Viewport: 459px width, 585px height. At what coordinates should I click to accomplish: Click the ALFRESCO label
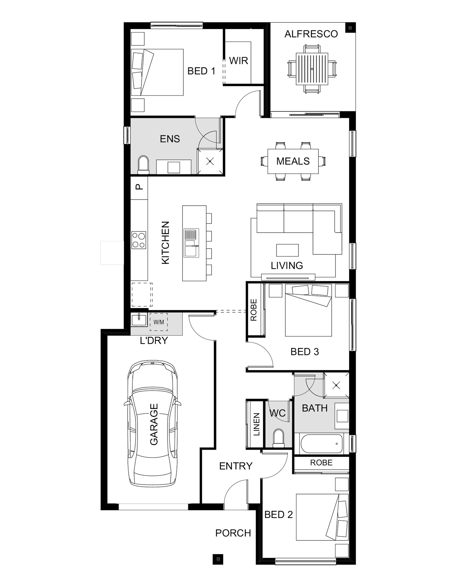pos(311,34)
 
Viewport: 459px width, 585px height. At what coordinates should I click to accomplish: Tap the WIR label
pos(238,61)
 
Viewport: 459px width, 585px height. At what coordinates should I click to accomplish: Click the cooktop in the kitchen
pos(139,240)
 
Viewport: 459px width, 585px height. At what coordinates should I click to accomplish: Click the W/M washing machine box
pos(159,322)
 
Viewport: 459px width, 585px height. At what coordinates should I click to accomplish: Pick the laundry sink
pos(139,320)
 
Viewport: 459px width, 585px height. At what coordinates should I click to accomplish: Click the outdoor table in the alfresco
pos(312,69)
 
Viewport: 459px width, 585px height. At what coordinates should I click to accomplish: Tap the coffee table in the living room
pos(287,250)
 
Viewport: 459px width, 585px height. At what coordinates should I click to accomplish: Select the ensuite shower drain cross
pos(210,161)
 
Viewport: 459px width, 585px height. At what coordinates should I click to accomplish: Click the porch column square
pos(218,559)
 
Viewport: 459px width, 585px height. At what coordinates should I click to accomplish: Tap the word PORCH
pos(233,533)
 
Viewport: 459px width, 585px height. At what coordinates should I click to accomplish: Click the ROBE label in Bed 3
pos(253,310)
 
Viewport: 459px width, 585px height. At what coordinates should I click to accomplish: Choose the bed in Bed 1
pos(157,72)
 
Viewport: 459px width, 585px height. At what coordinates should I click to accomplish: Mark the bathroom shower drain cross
pos(336,386)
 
